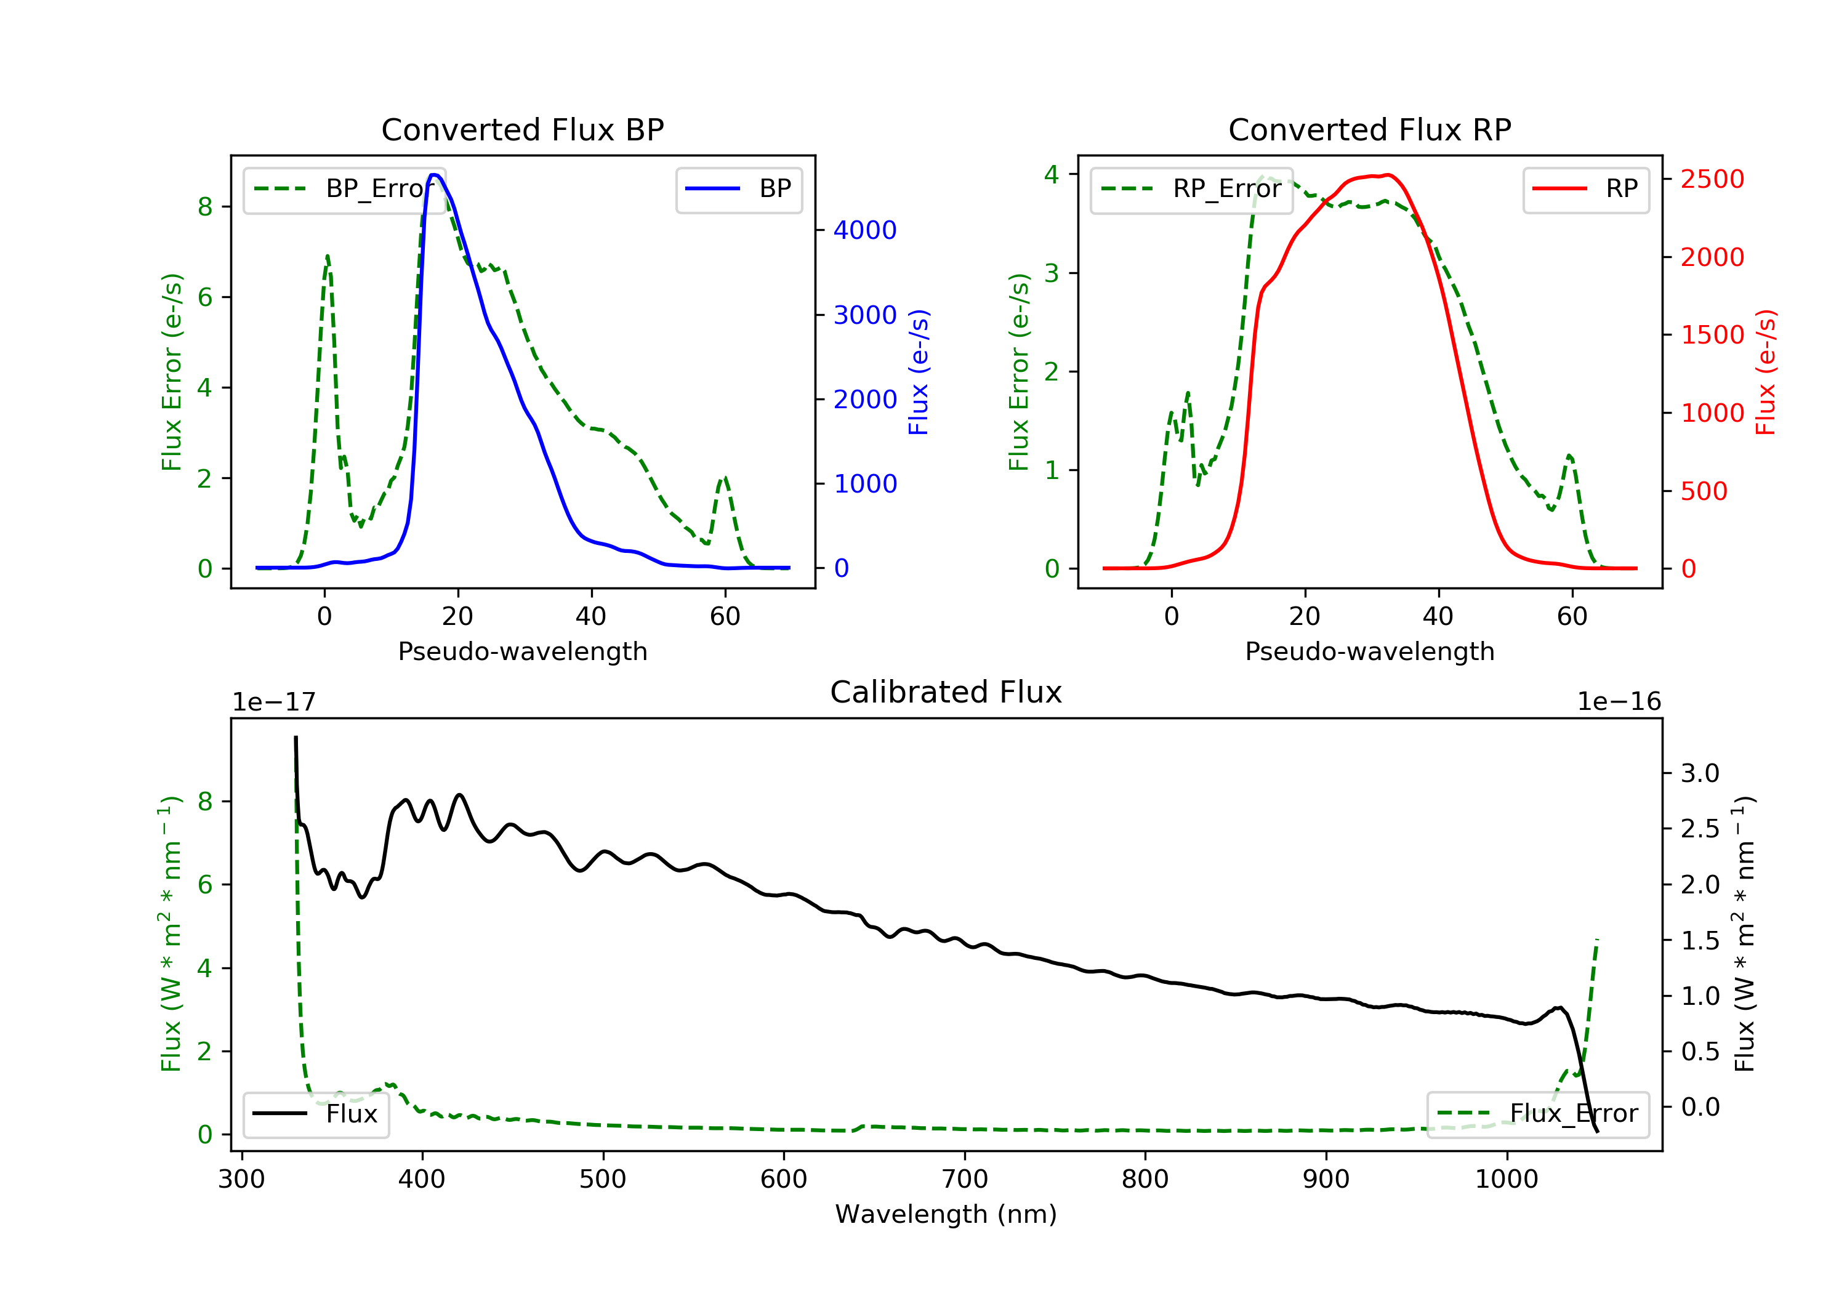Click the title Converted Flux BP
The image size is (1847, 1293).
pos(522,129)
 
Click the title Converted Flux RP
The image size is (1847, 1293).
pos(1369,129)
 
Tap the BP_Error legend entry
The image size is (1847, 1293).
pos(344,189)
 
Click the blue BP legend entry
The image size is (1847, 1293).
pos(738,189)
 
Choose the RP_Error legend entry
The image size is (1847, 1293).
pos(1191,189)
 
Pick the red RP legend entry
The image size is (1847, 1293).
pos(1585,189)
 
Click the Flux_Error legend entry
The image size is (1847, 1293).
pos(1537,1114)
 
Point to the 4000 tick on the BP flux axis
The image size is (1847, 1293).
pos(865,230)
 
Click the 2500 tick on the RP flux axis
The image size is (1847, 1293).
pos(1712,179)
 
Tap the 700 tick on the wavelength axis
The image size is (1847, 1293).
pos(965,1180)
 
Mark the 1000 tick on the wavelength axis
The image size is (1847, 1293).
pos(1507,1180)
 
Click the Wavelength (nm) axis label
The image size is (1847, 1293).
pos(946,1214)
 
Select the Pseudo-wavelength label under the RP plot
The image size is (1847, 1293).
pos(1369,651)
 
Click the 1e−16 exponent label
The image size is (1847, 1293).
pos(1619,702)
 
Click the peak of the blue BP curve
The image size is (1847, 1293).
pos(433,175)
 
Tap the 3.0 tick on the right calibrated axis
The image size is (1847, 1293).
pos(1700,773)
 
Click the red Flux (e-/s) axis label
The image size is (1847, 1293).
pos(1766,373)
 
